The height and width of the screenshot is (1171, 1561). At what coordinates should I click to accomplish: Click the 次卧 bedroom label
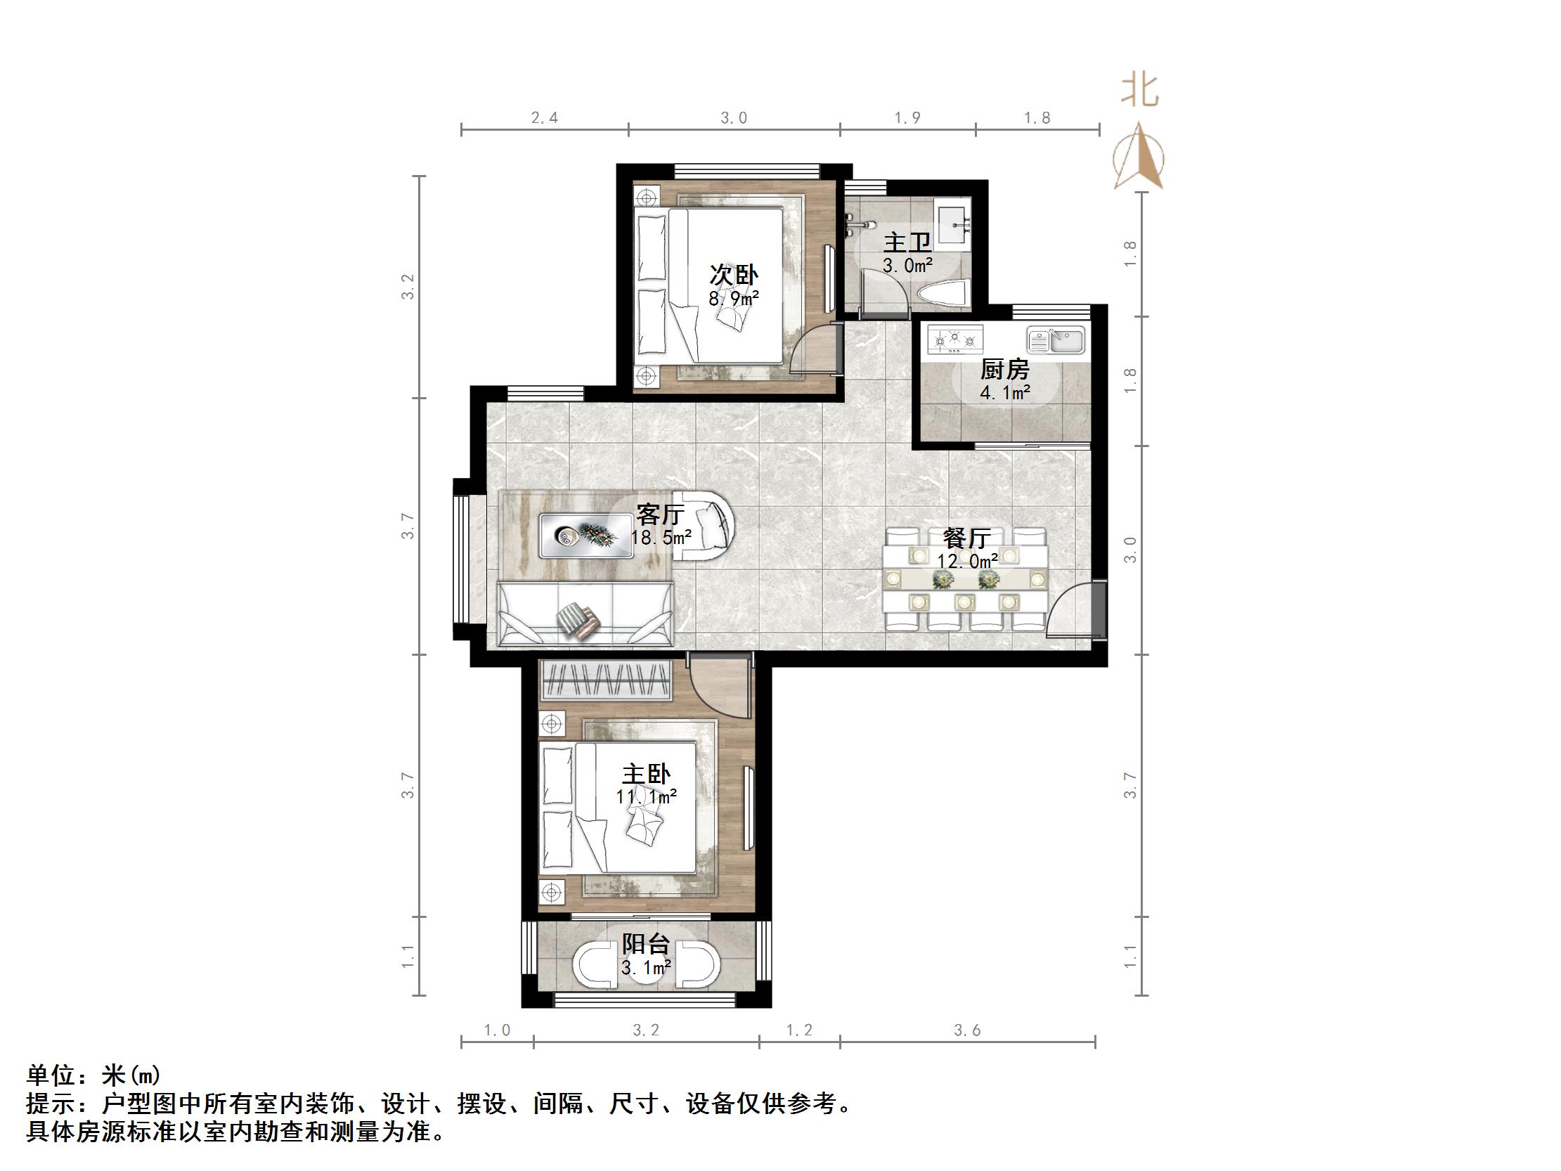pyautogui.click(x=734, y=275)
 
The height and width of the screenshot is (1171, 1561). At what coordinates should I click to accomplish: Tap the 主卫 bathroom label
pyautogui.click(x=907, y=242)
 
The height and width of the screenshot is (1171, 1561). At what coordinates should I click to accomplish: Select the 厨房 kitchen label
pyautogui.click(x=1005, y=369)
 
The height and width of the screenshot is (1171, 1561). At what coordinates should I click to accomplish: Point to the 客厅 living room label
pyautogui.click(x=661, y=514)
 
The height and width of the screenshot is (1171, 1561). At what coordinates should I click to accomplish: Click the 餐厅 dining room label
pyautogui.click(x=967, y=538)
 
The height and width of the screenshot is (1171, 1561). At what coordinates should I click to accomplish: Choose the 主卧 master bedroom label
pyautogui.click(x=646, y=775)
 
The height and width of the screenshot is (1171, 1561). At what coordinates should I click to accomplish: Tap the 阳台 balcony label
pyautogui.click(x=646, y=944)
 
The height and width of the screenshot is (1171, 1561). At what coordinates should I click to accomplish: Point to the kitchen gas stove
pyautogui.click(x=955, y=339)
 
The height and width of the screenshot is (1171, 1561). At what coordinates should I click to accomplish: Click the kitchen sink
pyautogui.click(x=1056, y=339)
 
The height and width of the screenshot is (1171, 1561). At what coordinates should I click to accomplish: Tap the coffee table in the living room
pyautogui.click(x=585, y=536)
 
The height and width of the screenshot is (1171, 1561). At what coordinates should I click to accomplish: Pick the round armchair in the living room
pyautogui.click(x=706, y=526)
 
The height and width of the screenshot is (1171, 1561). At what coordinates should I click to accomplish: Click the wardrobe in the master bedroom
pyautogui.click(x=605, y=680)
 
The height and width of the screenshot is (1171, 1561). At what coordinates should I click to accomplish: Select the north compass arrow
pyautogui.click(x=1139, y=157)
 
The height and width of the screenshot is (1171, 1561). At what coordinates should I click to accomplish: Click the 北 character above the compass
pyautogui.click(x=1140, y=92)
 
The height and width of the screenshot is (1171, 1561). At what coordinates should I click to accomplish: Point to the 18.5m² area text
pyautogui.click(x=661, y=538)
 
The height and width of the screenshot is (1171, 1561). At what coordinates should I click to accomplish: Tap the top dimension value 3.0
pyautogui.click(x=733, y=118)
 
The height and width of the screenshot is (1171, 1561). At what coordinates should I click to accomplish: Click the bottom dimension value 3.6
pyautogui.click(x=967, y=1030)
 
